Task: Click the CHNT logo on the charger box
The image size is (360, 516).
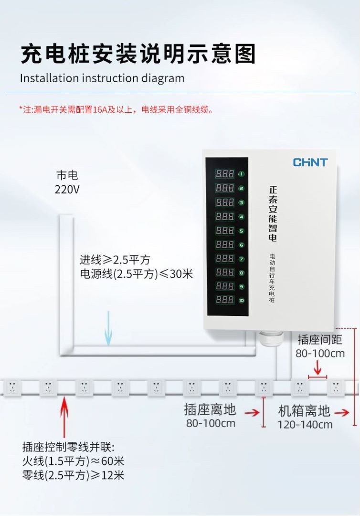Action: point(310,162)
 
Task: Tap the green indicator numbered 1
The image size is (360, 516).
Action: point(242,174)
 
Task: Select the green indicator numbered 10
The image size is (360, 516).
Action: point(242,301)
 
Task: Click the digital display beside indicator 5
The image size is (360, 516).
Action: point(225,230)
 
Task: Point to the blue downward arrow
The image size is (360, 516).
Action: point(109,328)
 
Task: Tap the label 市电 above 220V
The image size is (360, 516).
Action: point(67,175)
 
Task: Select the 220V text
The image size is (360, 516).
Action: point(67,190)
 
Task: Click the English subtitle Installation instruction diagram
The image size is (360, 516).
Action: point(102,78)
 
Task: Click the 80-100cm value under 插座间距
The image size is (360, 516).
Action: point(320,354)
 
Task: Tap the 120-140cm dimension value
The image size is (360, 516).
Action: point(305,425)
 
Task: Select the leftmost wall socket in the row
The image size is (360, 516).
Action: point(12,386)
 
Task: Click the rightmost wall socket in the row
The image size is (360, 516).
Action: point(336,386)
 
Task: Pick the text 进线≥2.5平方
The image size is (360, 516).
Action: point(115,260)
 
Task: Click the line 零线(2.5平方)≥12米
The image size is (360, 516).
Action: point(73,475)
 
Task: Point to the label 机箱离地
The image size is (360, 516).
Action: point(304,411)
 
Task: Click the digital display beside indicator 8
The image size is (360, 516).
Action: point(225,272)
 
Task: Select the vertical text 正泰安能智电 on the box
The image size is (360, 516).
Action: point(273,213)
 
